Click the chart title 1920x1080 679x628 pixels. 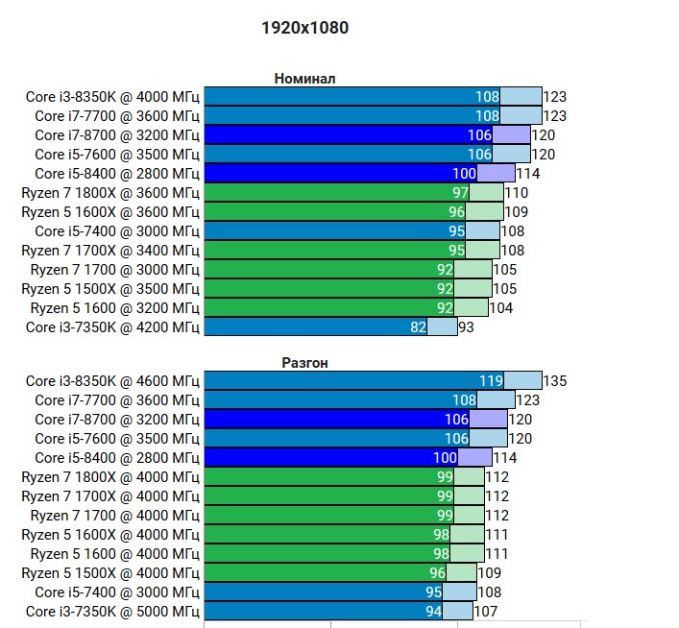tap(304, 28)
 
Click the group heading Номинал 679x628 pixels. tap(304, 79)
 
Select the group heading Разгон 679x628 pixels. tap(304, 363)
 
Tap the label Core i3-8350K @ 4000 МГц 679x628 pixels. tap(113, 96)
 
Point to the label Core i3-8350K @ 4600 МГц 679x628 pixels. tap(113, 380)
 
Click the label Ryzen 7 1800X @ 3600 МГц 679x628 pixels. tap(110, 192)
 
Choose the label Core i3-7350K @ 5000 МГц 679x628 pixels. tap(113, 611)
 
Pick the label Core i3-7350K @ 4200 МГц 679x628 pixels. tap(113, 326)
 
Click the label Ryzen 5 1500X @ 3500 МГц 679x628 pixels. tap(110, 288)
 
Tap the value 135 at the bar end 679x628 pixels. tap(555, 380)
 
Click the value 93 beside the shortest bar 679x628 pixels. tap(467, 326)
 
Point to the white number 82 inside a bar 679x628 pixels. tap(418, 326)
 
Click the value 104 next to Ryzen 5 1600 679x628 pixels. tap(500, 307)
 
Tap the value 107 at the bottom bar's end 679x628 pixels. tap(486, 611)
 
